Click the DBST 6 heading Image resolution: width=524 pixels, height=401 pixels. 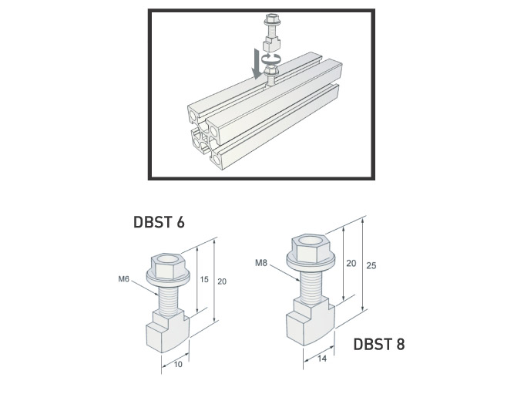[159, 223]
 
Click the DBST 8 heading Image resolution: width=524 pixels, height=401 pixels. [378, 344]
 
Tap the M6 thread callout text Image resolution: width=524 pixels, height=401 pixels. [123, 279]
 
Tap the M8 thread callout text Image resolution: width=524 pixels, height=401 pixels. [260, 264]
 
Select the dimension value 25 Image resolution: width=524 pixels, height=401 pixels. [372, 266]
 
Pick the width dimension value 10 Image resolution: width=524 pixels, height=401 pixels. [177, 364]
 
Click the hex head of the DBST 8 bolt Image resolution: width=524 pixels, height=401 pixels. [311, 248]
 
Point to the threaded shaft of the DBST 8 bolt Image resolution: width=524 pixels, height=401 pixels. [311, 286]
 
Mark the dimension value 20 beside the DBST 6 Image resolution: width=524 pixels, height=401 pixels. [222, 281]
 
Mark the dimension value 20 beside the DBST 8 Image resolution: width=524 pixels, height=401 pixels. [351, 263]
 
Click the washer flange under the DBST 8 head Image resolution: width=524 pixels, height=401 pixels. [311, 262]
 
